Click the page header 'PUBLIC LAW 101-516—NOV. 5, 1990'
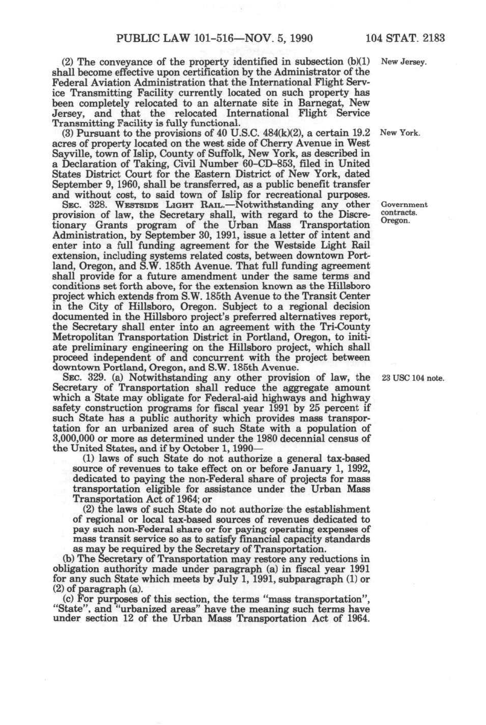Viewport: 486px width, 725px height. coord(215,38)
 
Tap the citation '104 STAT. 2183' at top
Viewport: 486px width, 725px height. coord(405,38)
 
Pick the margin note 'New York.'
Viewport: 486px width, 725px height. coord(400,133)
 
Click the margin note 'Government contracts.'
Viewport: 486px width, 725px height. coord(405,209)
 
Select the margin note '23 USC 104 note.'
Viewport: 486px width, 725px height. coord(413,379)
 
